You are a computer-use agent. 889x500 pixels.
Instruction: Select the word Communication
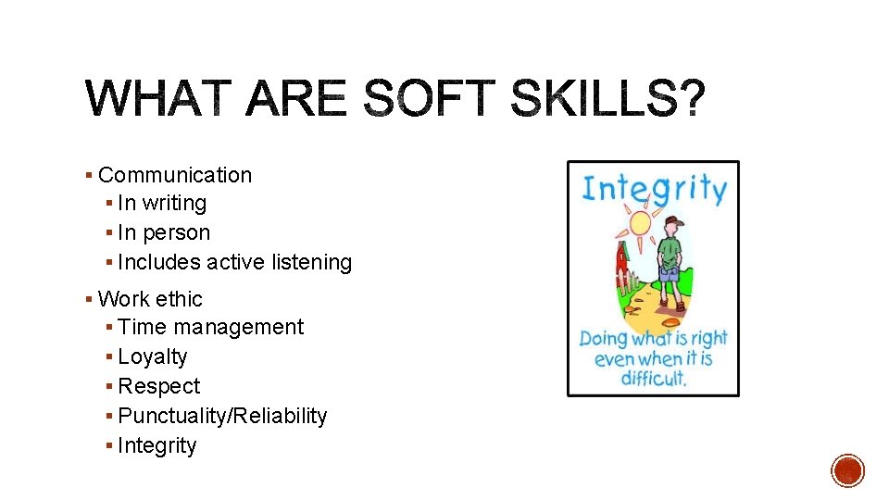coord(174,175)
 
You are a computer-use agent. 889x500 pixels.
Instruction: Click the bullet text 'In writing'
coord(162,203)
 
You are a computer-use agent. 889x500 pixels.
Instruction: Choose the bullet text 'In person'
coord(164,232)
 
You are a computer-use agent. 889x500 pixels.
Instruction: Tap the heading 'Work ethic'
coord(150,299)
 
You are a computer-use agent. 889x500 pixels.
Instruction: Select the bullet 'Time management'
coord(210,327)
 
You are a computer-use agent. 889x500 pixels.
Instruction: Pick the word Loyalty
coord(153,356)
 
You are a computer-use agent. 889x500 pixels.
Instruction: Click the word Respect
coord(159,386)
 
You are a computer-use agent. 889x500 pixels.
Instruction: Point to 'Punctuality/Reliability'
coord(222,416)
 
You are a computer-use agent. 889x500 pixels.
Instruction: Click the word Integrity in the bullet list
coord(157,445)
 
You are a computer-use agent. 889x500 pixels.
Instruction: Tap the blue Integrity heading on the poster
coord(653,188)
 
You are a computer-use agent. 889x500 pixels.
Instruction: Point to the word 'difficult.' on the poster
coord(653,377)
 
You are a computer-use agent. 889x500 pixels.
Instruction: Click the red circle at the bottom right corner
coord(847,470)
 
